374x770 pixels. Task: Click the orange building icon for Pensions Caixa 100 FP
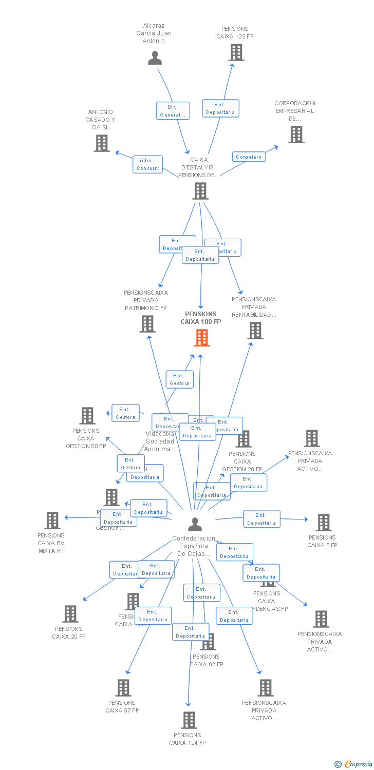(202, 338)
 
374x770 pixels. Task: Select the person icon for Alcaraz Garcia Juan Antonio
(155, 58)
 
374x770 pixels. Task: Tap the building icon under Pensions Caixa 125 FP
(236, 52)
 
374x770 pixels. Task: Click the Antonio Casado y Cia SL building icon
(102, 143)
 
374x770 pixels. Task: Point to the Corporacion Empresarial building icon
(296, 134)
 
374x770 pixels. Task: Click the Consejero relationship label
(249, 157)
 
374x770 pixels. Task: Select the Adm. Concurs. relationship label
(147, 164)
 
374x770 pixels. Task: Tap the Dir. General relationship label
(173, 111)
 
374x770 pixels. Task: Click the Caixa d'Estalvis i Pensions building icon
(200, 191)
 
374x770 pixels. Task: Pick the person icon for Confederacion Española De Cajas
(195, 524)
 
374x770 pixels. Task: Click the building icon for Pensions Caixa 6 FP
(323, 523)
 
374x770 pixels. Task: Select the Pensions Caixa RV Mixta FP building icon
(52, 521)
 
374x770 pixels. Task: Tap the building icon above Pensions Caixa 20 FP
(70, 614)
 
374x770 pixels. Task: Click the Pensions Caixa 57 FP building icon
(123, 688)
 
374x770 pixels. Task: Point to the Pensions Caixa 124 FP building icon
(189, 720)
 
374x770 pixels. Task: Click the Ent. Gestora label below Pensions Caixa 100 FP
(179, 379)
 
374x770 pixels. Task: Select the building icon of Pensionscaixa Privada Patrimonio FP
(147, 324)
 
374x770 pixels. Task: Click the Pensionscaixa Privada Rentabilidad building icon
(255, 331)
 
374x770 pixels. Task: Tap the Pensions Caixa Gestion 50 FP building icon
(87, 416)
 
